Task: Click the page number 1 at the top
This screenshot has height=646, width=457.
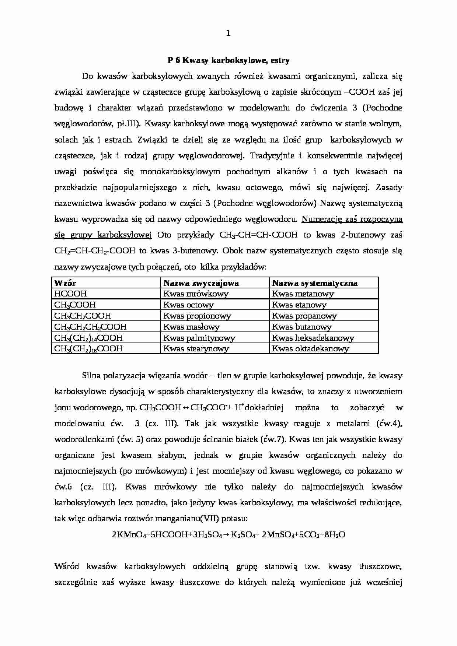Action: [228, 34]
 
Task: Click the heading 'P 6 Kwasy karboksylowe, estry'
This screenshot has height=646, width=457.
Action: [228, 60]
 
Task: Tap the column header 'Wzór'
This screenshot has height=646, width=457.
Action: [65, 283]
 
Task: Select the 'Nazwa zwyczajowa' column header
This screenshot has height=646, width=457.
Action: [201, 283]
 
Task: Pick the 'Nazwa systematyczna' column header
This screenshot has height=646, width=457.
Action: [315, 283]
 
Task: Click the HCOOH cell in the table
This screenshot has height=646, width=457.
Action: [70, 294]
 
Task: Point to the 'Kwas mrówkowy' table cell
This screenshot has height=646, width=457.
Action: [196, 294]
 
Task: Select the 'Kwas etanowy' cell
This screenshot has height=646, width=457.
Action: [299, 305]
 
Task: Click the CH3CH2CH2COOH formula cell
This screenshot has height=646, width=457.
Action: [90, 327]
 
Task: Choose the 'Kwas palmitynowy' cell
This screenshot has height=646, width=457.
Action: [199, 338]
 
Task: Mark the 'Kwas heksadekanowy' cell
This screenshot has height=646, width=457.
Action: [313, 338]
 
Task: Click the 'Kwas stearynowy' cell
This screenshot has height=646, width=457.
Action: [196, 349]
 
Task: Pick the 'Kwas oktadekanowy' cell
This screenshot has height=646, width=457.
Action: [310, 349]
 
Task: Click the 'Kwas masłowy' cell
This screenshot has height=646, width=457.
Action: [191, 327]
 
